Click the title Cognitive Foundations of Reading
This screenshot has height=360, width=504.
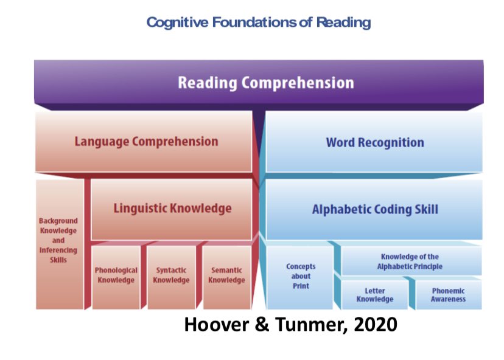(x=259, y=22)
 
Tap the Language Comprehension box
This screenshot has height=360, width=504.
(x=144, y=141)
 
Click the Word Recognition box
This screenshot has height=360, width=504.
(x=374, y=142)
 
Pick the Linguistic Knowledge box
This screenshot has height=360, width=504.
(x=171, y=209)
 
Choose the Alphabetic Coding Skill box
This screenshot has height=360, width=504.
(x=374, y=209)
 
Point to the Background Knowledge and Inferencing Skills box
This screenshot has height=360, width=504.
(x=60, y=244)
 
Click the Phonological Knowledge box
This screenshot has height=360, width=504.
(x=116, y=277)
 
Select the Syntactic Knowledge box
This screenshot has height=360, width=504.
(x=171, y=277)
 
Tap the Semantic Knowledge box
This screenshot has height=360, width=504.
(x=227, y=277)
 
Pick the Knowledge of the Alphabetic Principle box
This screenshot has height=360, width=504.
(x=411, y=260)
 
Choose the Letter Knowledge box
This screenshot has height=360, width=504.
(x=375, y=295)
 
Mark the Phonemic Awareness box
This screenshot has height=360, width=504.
(x=449, y=295)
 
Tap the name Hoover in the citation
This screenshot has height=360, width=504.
(x=217, y=324)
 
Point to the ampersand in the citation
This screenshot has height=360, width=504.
(x=262, y=324)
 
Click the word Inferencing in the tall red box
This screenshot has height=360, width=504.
(x=58, y=250)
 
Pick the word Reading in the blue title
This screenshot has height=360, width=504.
(x=343, y=22)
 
